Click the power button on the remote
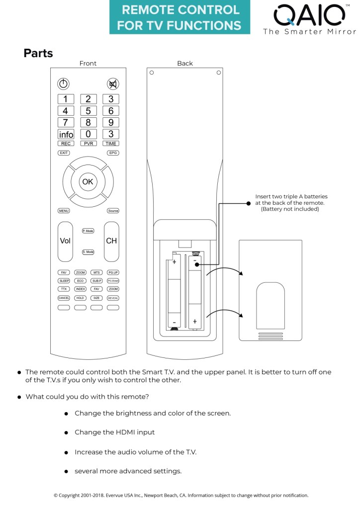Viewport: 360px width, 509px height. [64, 84]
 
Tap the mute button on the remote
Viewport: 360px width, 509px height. [112, 84]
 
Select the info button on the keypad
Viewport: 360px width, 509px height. [66, 134]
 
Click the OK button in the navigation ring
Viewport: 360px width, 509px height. [88, 182]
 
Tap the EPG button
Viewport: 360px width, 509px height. [113, 153]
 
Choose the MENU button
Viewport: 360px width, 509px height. [64, 211]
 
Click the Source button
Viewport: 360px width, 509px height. [113, 211]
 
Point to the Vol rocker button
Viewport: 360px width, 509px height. [65, 241]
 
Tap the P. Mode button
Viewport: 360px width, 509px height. [88, 231]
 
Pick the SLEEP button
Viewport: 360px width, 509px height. [64, 281]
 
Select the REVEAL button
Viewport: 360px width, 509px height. [113, 298]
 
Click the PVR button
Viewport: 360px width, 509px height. [88, 143]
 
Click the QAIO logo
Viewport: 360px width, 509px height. [309, 16]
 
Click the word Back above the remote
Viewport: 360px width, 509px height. [185, 63]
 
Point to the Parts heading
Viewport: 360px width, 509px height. [38, 53]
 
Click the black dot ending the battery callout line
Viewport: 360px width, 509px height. [248, 203]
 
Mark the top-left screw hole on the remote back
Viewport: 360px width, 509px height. [152, 73]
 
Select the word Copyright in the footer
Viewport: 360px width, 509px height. [71, 495]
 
